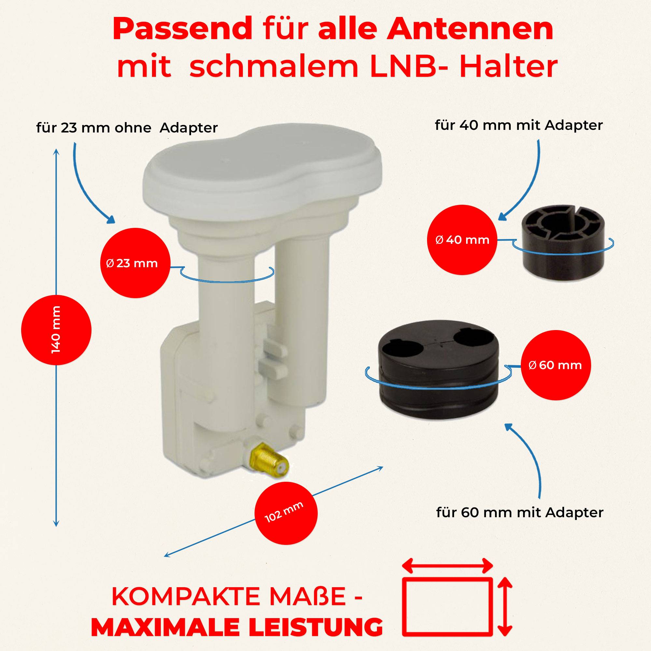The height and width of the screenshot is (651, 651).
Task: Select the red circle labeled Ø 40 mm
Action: point(462,240)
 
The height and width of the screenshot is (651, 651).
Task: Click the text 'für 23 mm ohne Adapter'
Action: point(127,128)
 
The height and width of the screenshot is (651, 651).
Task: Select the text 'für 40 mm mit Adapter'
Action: point(519,125)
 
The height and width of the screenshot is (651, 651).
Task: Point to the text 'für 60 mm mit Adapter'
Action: point(519,513)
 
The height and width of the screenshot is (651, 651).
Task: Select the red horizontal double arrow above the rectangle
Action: point(447,565)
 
